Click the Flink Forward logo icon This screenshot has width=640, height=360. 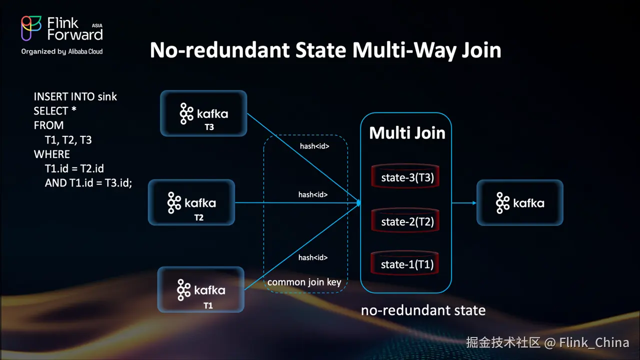tap(31, 28)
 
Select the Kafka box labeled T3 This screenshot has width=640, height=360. tap(203, 113)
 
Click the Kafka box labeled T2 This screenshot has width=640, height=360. tap(191, 202)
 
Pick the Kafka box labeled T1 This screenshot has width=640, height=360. tap(201, 289)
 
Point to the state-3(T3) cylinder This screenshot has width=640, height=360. tap(405, 177)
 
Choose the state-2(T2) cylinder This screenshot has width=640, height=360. tap(405, 221)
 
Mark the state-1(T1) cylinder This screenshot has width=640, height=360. tap(405, 264)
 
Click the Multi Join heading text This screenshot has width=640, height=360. tap(407, 133)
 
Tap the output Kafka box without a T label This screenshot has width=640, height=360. tap(520, 202)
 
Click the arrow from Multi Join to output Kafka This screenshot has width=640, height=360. tap(463, 203)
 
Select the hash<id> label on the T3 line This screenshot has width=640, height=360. tap(313, 146)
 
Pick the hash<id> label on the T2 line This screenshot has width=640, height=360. tap(313, 194)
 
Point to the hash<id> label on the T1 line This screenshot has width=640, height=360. tap(313, 257)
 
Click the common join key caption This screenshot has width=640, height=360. tap(304, 282)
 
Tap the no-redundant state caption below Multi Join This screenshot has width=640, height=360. tap(423, 310)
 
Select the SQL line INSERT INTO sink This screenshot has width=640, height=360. tap(75, 96)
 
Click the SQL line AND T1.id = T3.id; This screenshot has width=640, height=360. tap(88, 183)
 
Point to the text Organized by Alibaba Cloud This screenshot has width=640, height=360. tap(62, 51)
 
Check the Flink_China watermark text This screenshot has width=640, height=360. tap(594, 342)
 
